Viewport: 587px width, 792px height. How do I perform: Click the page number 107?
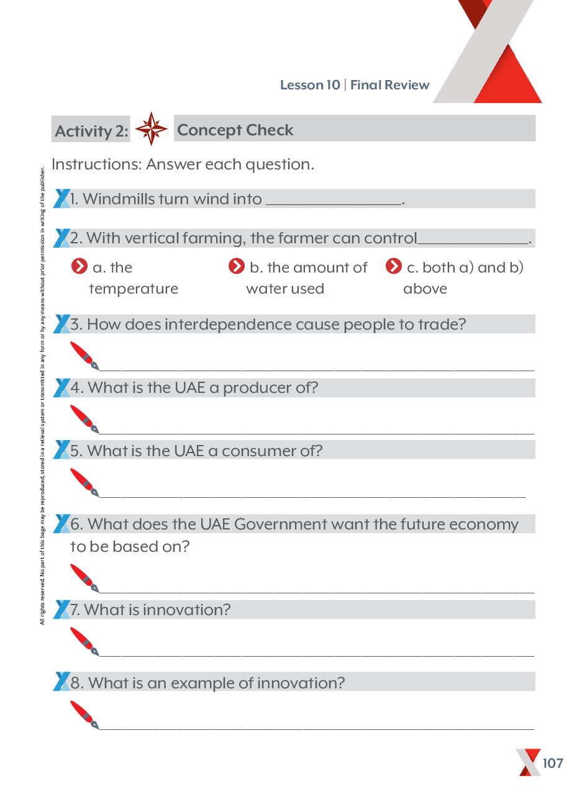click(x=552, y=763)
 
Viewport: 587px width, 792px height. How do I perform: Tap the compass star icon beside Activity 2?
click(x=151, y=129)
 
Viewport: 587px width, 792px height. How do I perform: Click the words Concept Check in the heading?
click(x=235, y=130)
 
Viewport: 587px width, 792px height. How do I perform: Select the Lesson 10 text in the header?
click(x=310, y=85)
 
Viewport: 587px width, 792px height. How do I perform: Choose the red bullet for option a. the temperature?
click(x=80, y=267)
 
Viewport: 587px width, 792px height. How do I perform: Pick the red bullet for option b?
click(x=237, y=267)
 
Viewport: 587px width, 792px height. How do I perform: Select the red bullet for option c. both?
click(x=394, y=267)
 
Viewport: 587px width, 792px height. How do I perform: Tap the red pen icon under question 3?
click(x=84, y=354)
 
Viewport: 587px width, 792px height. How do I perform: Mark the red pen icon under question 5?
click(x=84, y=482)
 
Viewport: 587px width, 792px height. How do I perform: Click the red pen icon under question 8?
click(x=84, y=714)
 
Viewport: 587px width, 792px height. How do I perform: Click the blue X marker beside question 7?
click(x=61, y=609)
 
